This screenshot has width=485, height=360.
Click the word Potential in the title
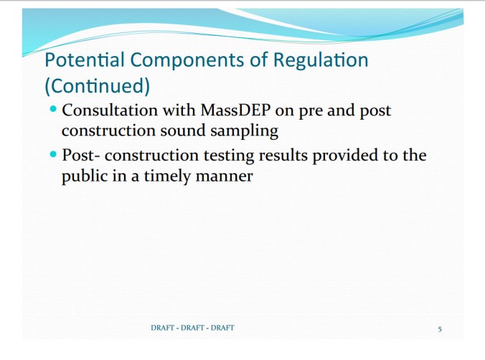point(77,60)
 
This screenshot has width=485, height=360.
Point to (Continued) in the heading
point(97,87)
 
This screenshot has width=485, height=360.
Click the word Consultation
point(108,112)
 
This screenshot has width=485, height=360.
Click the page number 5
point(439,328)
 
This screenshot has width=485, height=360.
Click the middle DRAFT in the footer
point(192,328)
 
